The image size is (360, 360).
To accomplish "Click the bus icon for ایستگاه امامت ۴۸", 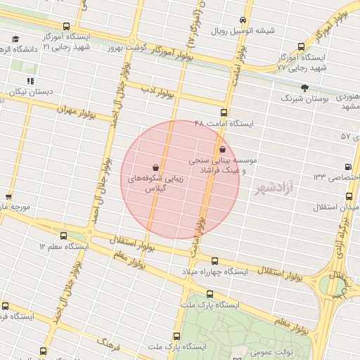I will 224,112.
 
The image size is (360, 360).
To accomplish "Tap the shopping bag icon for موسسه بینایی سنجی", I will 223,149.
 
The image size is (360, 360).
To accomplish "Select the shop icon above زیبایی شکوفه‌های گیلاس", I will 155,168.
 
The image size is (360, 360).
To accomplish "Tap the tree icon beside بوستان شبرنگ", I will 304,88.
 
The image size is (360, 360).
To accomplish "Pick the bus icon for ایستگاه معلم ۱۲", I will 64,236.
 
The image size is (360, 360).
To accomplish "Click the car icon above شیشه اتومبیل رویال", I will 243,20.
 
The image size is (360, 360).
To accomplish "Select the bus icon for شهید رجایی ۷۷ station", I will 301,47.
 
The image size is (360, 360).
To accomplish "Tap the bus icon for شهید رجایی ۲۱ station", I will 67,27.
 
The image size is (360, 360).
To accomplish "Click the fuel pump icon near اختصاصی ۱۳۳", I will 348,167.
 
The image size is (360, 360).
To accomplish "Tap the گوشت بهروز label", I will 125,47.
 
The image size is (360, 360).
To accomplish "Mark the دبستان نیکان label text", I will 32,92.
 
